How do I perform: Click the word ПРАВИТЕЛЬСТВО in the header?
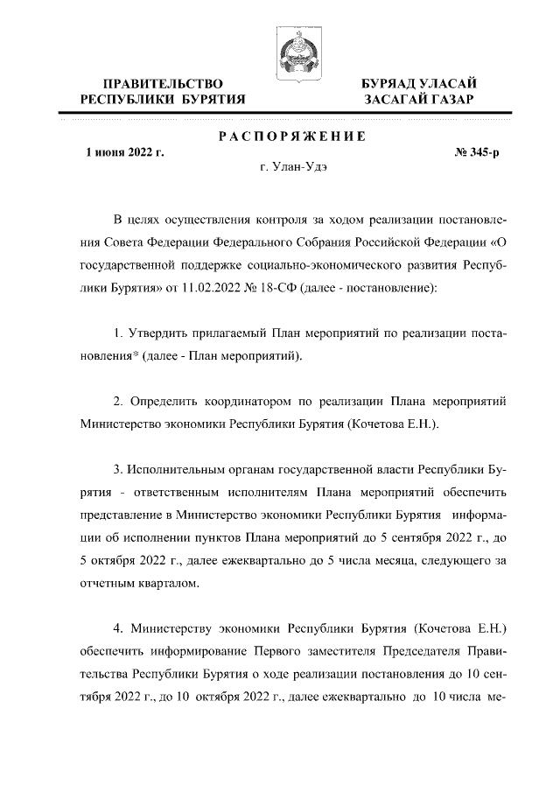[x=162, y=82]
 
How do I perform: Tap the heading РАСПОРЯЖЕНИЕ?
[x=291, y=137]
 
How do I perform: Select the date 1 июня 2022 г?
[x=123, y=153]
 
